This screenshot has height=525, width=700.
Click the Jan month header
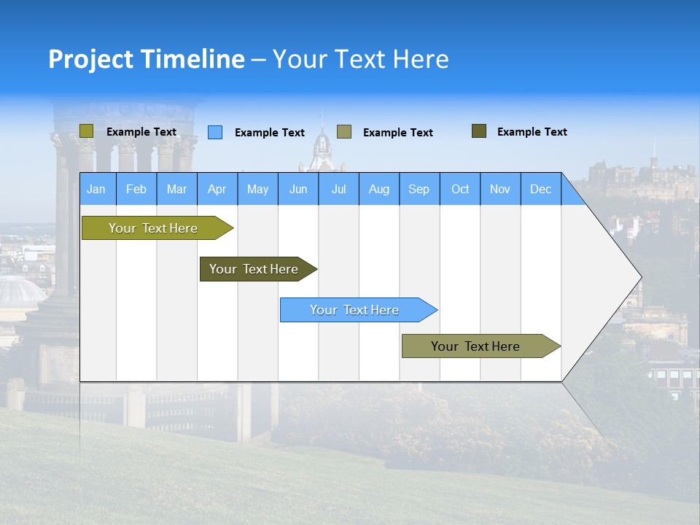click(97, 189)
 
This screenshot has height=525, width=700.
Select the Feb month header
click(136, 189)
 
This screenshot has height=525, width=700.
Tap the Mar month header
click(176, 189)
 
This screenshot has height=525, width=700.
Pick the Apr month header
click(217, 189)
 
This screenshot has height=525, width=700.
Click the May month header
click(257, 189)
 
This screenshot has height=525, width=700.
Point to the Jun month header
click(298, 189)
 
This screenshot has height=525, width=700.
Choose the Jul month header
click(338, 189)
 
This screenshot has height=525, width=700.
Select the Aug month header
click(379, 189)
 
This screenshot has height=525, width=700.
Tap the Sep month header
click(419, 189)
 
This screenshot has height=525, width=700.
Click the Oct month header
click(460, 189)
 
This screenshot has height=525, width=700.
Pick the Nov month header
click(500, 189)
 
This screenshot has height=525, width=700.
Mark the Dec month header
click(541, 189)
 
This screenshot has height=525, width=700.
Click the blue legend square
click(215, 132)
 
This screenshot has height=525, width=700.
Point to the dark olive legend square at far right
click(479, 131)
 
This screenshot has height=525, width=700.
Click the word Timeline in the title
click(192, 59)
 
